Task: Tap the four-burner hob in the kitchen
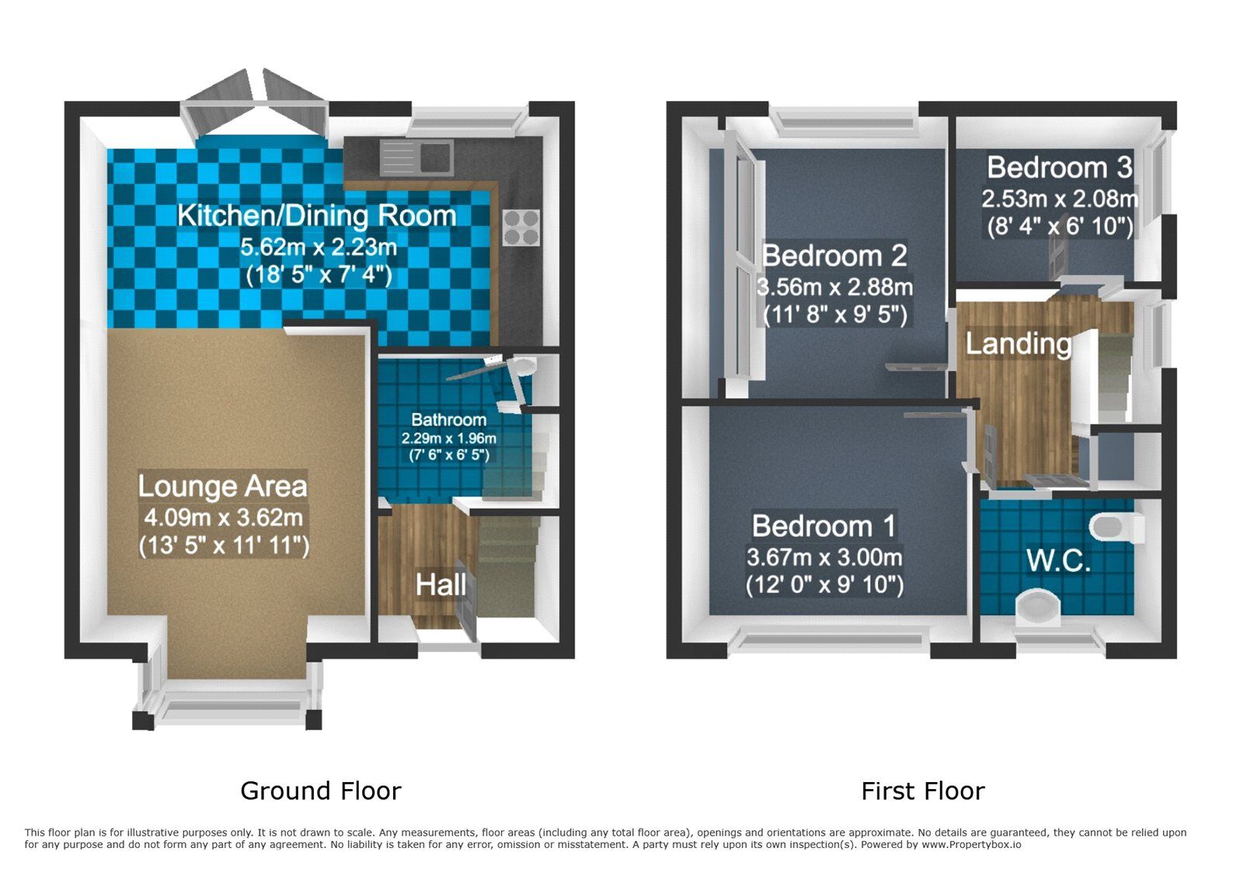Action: [521, 227]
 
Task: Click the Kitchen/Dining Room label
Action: [316, 216]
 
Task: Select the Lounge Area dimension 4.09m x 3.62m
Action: [223, 517]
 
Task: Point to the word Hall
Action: [440, 585]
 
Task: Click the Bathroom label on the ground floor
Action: [448, 420]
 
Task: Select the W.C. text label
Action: [1058, 560]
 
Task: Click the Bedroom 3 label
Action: [1059, 168]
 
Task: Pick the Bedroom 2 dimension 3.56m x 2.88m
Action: [834, 287]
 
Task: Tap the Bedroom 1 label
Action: [823, 527]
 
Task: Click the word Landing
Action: [1018, 343]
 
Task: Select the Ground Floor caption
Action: [320, 791]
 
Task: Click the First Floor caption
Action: [922, 791]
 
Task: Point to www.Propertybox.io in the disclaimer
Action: [971, 844]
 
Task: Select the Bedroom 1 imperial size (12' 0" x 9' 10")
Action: [824, 585]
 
